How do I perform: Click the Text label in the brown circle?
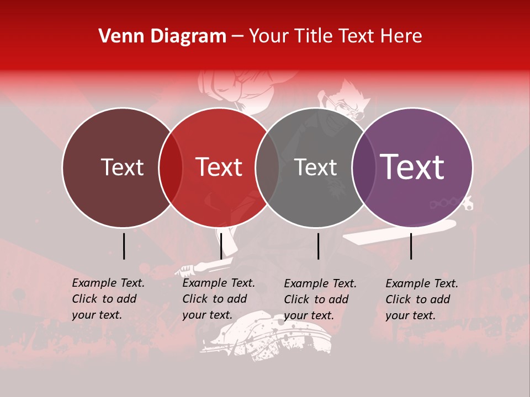click(122, 167)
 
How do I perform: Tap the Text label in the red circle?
click(219, 167)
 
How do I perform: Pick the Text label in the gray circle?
click(316, 167)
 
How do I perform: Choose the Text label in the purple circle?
click(412, 167)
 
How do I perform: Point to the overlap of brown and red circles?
click(171, 167)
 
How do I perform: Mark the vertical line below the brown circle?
click(124, 246)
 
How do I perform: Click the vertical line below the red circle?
click(221, 246)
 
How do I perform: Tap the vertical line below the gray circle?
click(318, 246)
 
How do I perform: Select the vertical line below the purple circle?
click(411, 246)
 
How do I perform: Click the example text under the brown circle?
click(108, 299)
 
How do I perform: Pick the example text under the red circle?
click(219, 299)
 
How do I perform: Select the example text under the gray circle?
click(320, 299)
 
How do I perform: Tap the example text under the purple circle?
click(422, 299)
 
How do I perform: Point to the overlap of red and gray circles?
click(267, 167)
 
